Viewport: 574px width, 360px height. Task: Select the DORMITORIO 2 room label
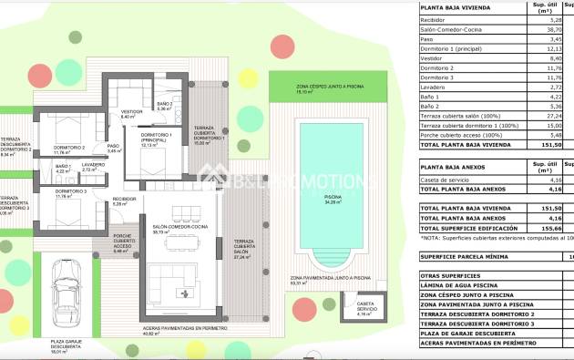(70, 149)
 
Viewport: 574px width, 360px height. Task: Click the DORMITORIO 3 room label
(70, 192)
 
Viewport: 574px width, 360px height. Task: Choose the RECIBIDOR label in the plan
(125, 201)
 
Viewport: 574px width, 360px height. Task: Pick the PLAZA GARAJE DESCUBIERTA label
(67, 345)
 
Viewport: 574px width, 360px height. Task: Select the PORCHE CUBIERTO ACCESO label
(123, 242)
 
